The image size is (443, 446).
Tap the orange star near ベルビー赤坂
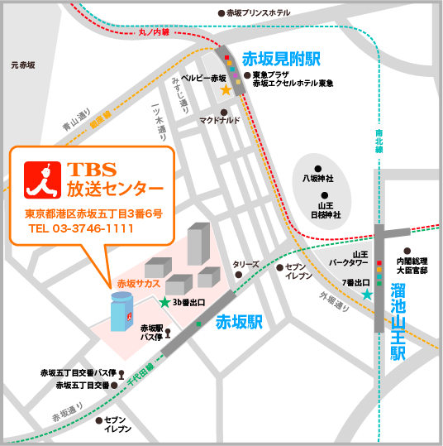[x=225, y=89]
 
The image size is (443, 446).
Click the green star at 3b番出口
[x=164, y=302]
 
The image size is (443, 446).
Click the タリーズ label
[x=245, y=265]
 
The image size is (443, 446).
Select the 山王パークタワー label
[x=349, y=260]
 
